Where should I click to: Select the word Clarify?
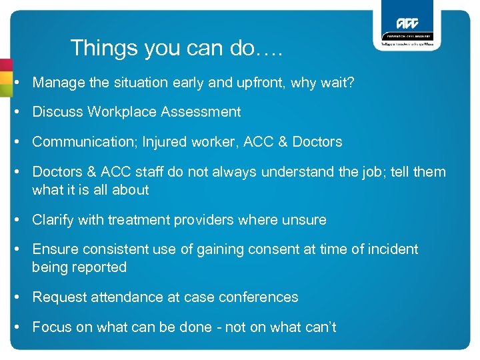click(53, 219)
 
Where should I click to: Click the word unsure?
click(305, 219)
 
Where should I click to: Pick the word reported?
click(100, 267)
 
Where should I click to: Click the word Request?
click(58, 297)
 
